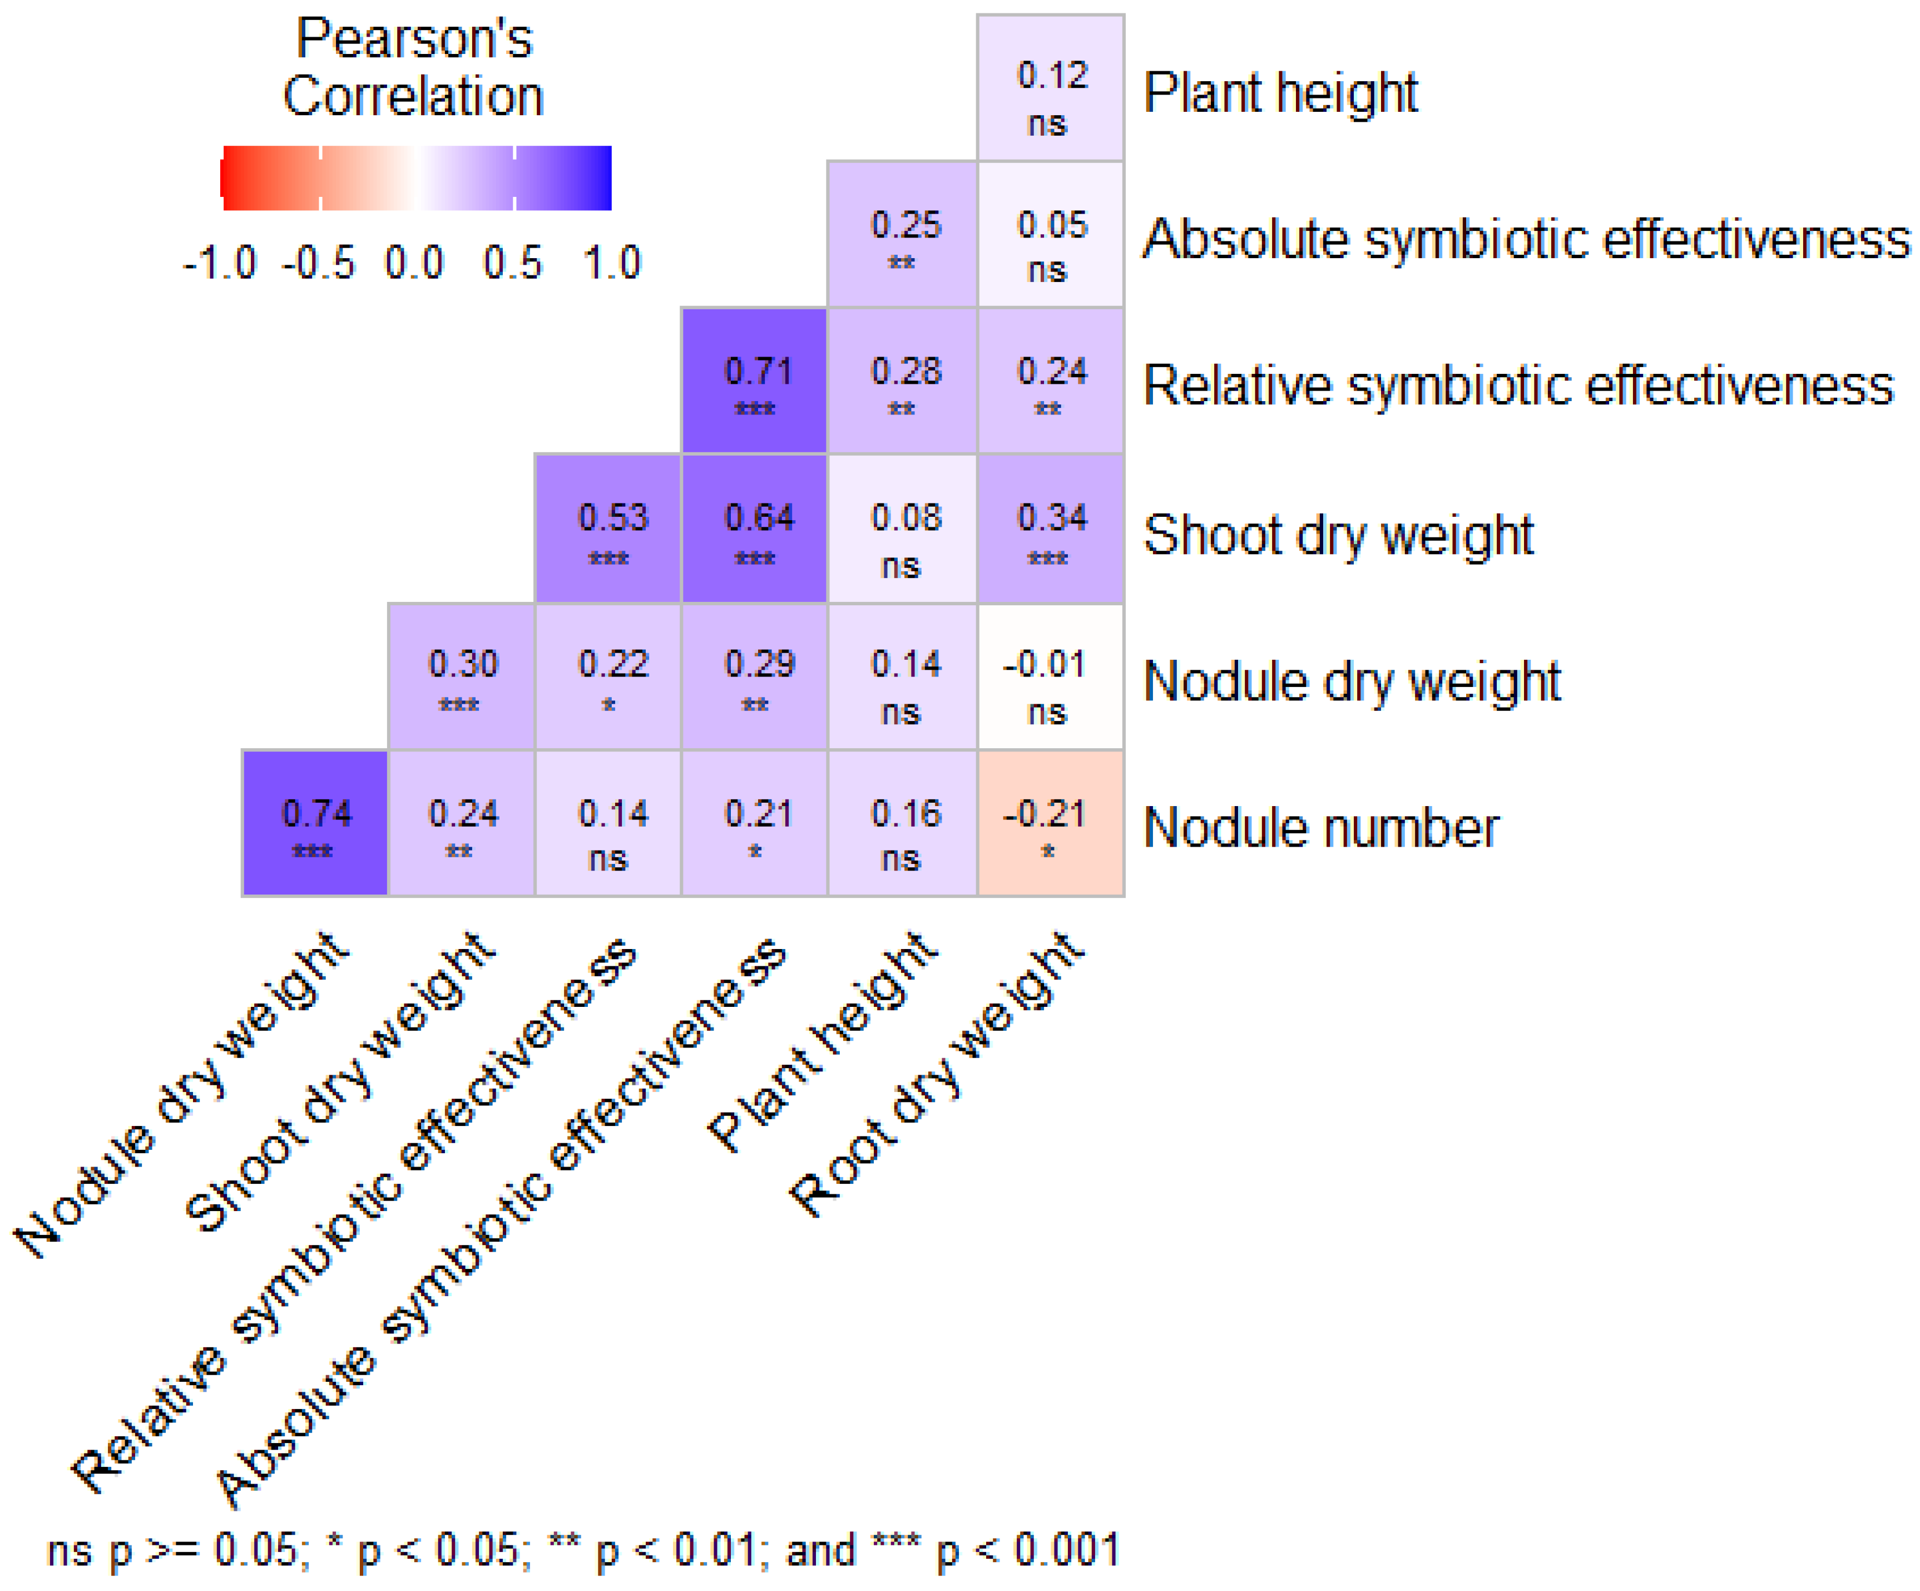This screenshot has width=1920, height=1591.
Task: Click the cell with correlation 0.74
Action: click(x=315, y=823)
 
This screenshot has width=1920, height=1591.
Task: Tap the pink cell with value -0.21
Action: click(x=1051, y=823)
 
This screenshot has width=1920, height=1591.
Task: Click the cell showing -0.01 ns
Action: click(x=1051, y=676)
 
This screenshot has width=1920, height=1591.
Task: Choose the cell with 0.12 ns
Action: click(x=1051, y=88)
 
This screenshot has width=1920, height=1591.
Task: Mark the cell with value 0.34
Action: click(x=1051, y=528)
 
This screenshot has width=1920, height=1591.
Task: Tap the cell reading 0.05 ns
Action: click(x=1051, y=235)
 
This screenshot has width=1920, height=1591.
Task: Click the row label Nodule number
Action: click(x=1320, y=828)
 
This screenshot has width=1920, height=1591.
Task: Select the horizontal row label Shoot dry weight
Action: click(x=1338, y=535)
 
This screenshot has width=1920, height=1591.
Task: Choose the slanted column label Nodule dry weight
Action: click(x=183, y=1097)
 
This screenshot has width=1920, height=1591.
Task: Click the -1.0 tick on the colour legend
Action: click(x=220, y=263)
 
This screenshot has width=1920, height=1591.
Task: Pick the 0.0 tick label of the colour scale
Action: click(x=414, y=263)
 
